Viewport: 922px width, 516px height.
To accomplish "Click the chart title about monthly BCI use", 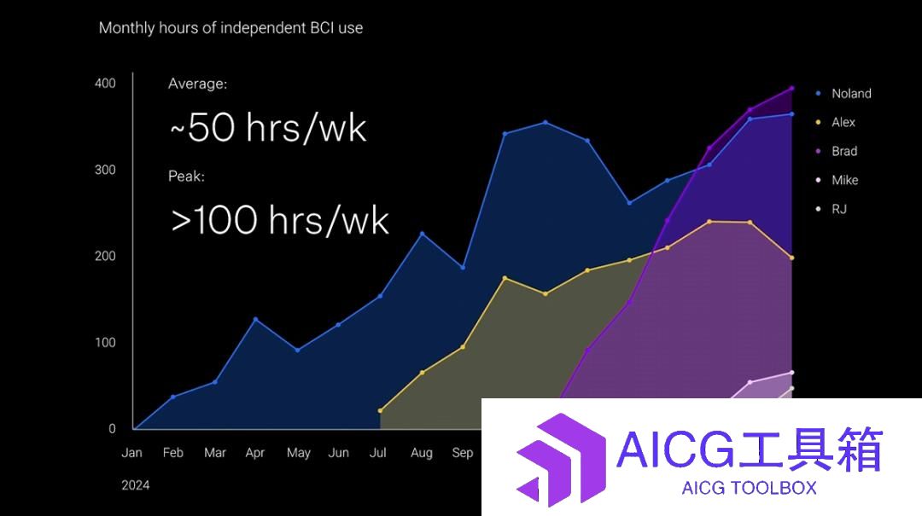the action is (230, 28).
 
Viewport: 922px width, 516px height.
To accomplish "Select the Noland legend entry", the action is (843, 94).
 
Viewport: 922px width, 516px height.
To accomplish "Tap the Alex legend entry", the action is (836, 122).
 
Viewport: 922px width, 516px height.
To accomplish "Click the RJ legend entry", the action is (832, 209).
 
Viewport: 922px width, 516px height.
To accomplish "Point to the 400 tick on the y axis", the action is (105, 84).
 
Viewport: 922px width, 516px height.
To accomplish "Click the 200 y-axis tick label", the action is (105, 256).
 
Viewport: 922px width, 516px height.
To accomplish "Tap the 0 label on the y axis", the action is (113, 429).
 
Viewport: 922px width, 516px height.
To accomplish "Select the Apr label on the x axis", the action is (255, 453).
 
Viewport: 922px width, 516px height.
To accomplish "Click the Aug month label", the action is (422, 453).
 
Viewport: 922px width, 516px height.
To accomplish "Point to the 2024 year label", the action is (135, 485).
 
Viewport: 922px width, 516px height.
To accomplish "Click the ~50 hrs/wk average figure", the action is (268, 127).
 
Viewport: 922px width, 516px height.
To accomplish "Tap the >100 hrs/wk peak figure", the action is (280, 220).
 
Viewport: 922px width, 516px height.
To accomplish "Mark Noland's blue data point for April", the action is (255, 319).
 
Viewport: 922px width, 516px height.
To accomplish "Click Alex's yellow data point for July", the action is (380, 411).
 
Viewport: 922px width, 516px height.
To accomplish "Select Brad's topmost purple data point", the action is (791, 89).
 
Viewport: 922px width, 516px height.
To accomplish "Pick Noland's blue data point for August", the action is (422, 234).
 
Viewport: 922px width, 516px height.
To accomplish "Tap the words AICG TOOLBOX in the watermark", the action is (750, 488).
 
